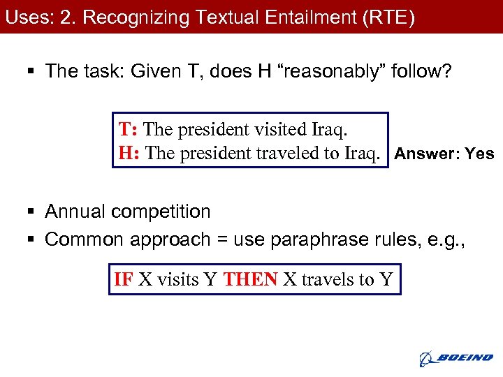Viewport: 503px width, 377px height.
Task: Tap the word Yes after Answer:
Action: coord(479,154)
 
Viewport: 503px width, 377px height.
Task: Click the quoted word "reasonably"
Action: coord(330,71)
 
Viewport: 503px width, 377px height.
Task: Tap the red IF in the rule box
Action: coord(123,280)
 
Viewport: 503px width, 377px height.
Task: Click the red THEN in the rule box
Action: coord(250,280)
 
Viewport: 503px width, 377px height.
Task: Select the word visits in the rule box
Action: coord(177,280)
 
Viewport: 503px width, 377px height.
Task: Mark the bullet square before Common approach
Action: coord(34,240)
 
